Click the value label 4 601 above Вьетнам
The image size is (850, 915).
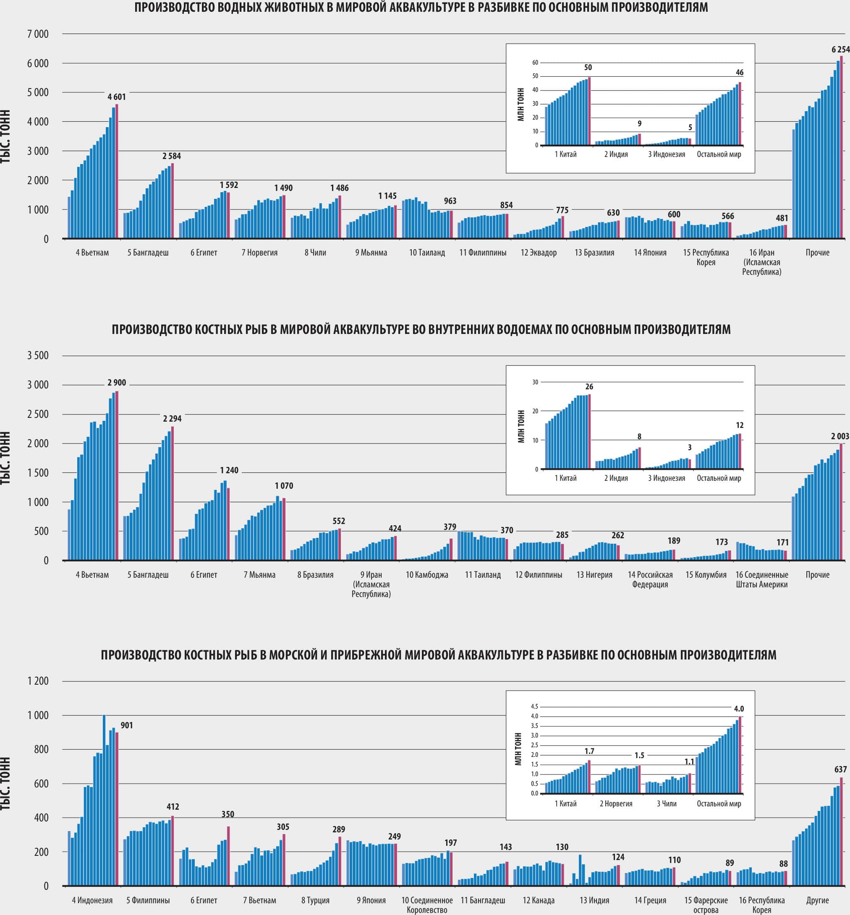(116, 96)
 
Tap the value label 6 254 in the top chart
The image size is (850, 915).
(840, 50)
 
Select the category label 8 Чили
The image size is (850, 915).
(315, 253)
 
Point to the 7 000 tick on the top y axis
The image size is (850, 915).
(38, 34)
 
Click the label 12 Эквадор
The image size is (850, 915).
(538, 253)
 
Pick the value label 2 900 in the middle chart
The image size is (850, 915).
(116, 383)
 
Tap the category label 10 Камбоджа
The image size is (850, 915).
(427, 575)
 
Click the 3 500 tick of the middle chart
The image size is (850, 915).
(38, 355)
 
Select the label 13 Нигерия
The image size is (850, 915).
(594, 575)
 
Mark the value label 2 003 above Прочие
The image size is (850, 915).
(840, 436)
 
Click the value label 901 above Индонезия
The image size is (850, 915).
(126, 725)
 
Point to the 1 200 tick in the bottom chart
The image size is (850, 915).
(38, 681)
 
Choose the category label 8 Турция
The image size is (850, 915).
(315, 900)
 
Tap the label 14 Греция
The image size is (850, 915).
(650, 900)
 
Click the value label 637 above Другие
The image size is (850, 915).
(840, 769)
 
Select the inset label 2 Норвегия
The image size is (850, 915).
(615, 804)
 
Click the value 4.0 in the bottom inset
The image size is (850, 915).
(739, 709)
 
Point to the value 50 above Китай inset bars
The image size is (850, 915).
(588, 67)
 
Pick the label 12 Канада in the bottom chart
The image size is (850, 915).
(538, 900)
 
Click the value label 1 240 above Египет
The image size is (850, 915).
(229, 470)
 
